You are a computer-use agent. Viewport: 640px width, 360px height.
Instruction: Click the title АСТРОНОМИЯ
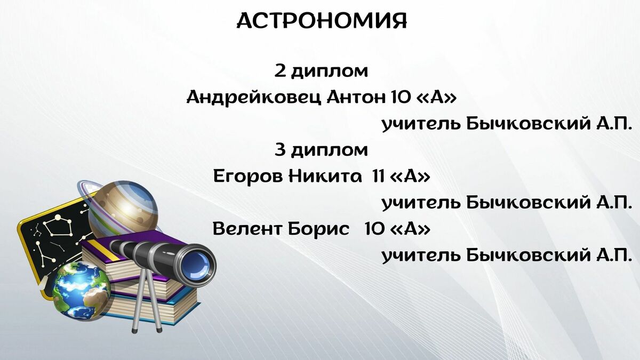pos(322,21)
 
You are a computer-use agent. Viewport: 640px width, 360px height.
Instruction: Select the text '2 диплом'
pos(321,72)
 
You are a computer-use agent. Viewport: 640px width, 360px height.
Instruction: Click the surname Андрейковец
pos(254,98)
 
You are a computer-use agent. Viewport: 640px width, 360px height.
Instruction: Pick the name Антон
pos(355,98)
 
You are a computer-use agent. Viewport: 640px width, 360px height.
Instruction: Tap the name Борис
pos(318,229)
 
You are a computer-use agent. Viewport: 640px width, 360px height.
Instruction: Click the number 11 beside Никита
pos(379,176)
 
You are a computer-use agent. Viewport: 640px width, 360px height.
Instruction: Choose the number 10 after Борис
pos(374,229)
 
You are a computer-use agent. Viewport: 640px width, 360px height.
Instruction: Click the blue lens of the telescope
pos(197,265)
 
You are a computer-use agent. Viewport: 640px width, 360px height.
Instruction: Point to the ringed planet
pos(120,209)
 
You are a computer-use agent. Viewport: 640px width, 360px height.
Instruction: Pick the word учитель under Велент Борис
pos(421,255)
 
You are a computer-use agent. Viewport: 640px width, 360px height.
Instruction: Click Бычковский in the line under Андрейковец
pos(529,124)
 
